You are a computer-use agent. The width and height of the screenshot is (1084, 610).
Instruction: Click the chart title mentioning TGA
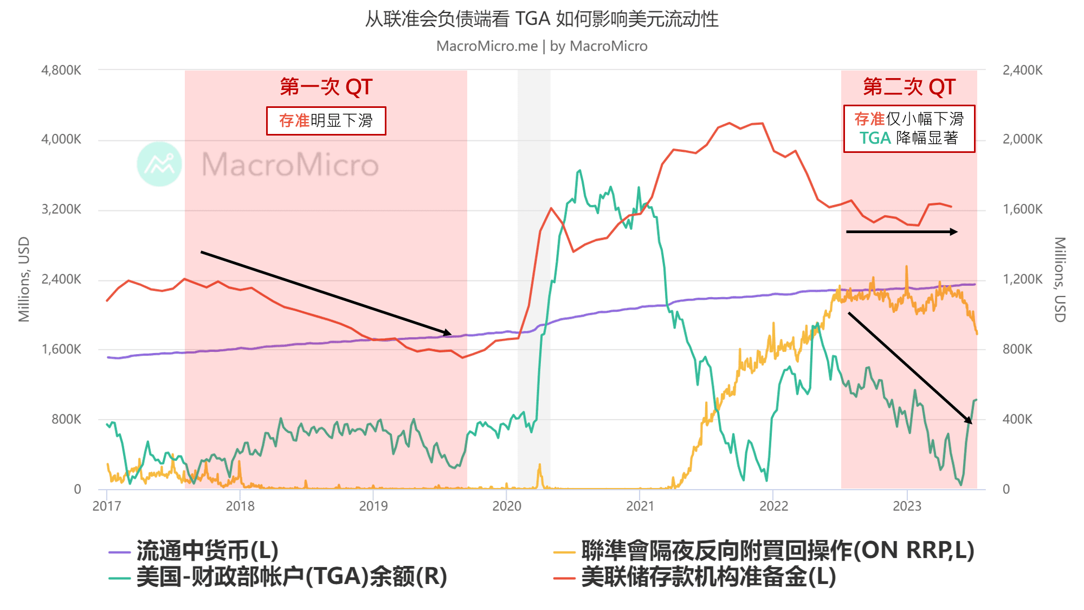(541, 19)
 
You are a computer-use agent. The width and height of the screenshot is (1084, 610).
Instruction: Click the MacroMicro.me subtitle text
(541, 46)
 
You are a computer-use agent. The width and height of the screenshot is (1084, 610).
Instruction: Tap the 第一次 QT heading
(326, 87)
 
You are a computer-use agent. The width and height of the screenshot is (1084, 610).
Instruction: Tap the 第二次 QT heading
(909, 87)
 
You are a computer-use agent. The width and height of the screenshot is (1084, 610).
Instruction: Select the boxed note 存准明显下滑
(326, 120)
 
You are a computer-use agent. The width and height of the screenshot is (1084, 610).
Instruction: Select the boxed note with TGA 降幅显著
(909, 129)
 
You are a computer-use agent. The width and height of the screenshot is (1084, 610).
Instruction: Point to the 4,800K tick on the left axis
(61, 70)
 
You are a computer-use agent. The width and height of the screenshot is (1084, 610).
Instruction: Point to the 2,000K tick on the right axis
(1022, 139)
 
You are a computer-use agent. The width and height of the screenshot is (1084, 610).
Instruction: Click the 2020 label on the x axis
(506, 506)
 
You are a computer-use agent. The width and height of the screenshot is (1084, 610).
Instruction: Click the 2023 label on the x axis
(907, 506)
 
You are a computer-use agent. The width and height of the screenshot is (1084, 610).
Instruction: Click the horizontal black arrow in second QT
(901, 232)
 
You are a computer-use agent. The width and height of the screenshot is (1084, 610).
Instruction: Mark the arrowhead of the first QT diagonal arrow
(447, 332)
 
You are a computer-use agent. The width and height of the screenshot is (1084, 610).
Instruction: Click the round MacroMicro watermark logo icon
(159, 164)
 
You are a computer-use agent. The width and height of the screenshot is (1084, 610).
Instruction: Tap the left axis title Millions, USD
(24, 279)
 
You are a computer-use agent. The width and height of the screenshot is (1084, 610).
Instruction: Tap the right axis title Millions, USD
(1060, 279)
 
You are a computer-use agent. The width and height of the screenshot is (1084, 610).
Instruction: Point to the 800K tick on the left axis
(66, 419)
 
